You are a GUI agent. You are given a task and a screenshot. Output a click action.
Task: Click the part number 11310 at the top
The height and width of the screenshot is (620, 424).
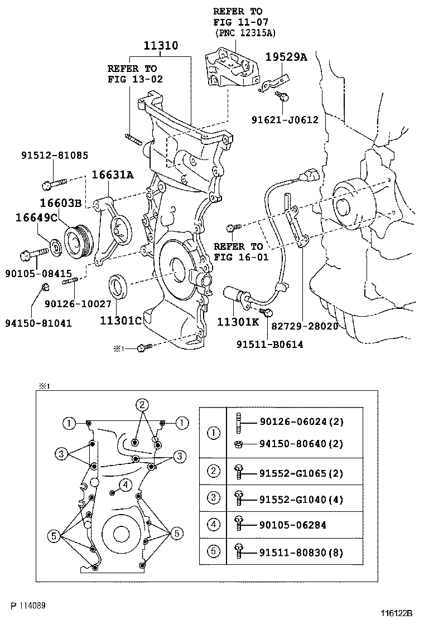(x=161, y=46)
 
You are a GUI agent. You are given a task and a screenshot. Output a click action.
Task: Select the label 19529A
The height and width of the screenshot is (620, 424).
(x=286, y=57)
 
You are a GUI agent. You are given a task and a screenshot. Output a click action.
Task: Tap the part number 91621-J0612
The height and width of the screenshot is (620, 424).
(x=285, y=119)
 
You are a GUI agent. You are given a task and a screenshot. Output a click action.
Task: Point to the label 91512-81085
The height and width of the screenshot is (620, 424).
(x=55, y=155)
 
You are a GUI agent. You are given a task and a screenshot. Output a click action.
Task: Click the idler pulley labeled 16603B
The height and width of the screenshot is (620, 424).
(x=78, y=242)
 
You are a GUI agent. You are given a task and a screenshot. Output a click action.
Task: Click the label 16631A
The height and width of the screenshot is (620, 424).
(x=113, y=175)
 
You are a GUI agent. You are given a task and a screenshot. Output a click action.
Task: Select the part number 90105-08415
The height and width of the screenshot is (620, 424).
(x=38, y=273)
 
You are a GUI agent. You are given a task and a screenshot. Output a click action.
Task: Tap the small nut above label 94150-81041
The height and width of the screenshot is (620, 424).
(x=45, y=286)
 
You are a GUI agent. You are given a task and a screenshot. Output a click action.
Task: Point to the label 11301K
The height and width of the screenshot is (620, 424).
(x=238, y=322)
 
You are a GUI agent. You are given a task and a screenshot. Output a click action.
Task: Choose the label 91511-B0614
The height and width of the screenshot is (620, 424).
(x=270, y=345)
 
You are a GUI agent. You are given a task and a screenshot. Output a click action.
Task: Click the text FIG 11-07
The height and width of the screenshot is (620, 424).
(x=240, y=22)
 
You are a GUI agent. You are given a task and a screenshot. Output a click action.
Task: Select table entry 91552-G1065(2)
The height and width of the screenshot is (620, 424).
(x=301, y=473)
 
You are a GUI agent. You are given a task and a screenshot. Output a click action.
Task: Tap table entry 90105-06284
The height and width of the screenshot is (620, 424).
(x=293, y=525)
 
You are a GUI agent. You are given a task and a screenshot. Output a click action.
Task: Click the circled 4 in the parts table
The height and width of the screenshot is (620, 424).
(x=214, y=525)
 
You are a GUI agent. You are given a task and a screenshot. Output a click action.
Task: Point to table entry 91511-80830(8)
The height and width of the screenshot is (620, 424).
(x=301, y=552)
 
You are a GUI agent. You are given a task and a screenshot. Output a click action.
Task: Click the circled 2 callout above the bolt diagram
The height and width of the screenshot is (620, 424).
(x=142, y=404)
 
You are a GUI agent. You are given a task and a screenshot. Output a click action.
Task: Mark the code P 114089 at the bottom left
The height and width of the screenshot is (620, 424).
(x=28, y=606)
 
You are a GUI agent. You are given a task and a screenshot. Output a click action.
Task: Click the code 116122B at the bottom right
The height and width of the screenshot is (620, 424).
(x=396, y=613)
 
